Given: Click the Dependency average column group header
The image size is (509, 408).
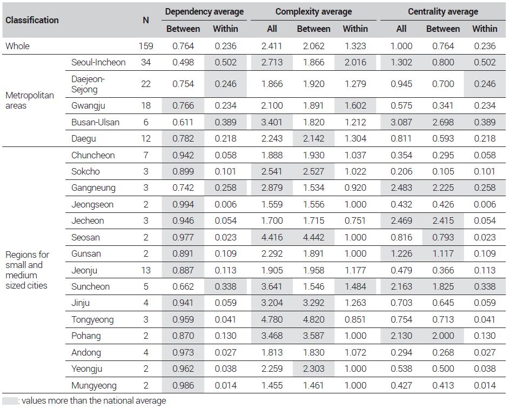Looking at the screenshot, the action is tap(204, 12).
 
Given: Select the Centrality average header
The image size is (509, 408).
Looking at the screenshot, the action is tap(443, 12).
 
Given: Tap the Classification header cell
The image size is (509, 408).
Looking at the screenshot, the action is tap(32, 20).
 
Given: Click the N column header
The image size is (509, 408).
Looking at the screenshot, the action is tap(146, 20).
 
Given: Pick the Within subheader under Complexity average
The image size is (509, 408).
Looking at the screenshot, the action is tap(355, 29).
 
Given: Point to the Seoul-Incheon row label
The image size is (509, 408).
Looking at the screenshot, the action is tap(98, 62).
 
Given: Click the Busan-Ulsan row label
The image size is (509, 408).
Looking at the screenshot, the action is tap(96, 122).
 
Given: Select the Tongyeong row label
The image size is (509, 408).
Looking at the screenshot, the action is tap(92, 320).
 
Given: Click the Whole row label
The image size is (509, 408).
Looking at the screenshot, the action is tap(17, 46).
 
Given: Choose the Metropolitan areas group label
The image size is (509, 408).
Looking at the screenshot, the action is tap(30, 101).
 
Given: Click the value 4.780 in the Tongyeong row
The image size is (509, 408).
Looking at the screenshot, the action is tap(272, 319).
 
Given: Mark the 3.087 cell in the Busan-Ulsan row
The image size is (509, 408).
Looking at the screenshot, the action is tap(401, 122).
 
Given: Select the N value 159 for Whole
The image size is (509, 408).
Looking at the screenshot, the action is tap(146, 46).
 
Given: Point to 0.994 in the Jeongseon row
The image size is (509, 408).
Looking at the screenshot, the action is tap(183, 204).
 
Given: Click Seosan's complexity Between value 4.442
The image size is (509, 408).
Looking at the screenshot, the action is tap(313, 237).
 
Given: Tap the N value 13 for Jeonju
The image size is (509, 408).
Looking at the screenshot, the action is tap(146, 270).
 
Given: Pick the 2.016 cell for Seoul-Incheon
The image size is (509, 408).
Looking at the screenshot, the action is tap(355, 62).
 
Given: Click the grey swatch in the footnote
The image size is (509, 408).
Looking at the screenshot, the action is tap(10, 401).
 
